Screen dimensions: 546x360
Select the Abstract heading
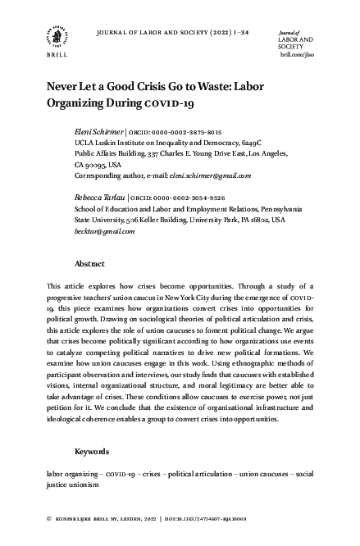89,265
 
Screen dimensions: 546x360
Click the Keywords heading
92,452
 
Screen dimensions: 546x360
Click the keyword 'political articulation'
200,474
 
